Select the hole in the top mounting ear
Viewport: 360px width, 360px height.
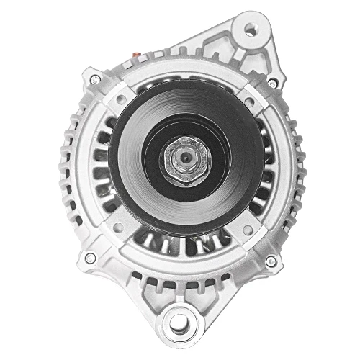point(251,30)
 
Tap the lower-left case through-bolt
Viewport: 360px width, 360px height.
point(90,257)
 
